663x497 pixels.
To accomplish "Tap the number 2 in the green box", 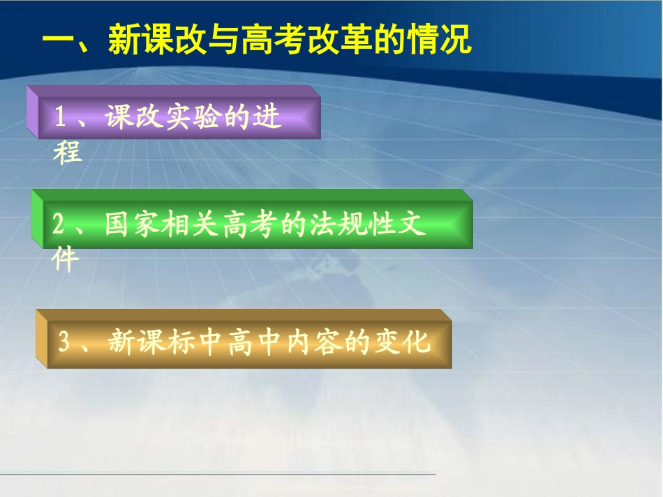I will pos(59,224).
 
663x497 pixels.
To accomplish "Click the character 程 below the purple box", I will pos(68,152).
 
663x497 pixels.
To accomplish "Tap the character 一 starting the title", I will pos(58,40).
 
